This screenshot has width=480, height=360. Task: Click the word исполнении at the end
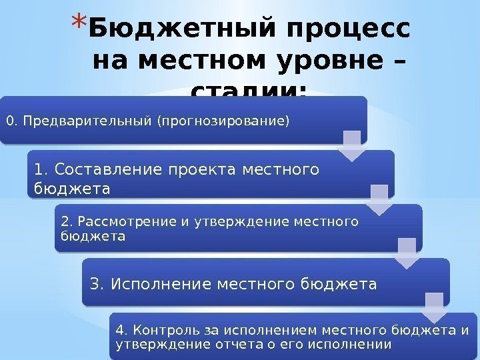coord(357,344)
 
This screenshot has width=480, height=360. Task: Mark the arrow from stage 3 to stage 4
coord(435,307)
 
